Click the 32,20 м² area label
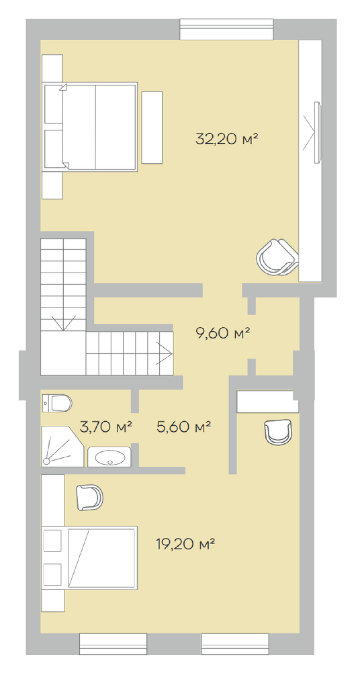[227, 139]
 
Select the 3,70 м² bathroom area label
[106, 427]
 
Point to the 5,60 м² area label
[183, 427]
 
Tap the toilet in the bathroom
[57, 403]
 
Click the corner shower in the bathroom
[62, 447]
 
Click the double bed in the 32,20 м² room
[90, 127]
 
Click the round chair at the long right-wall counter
[277, 257]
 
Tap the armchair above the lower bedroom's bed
[90, 497]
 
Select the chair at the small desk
[278, 432]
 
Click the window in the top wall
[226, 29]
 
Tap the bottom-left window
[113, 644]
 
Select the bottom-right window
[235, 644]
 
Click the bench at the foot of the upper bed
[152, 127]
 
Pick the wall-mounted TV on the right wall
[317, 133]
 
